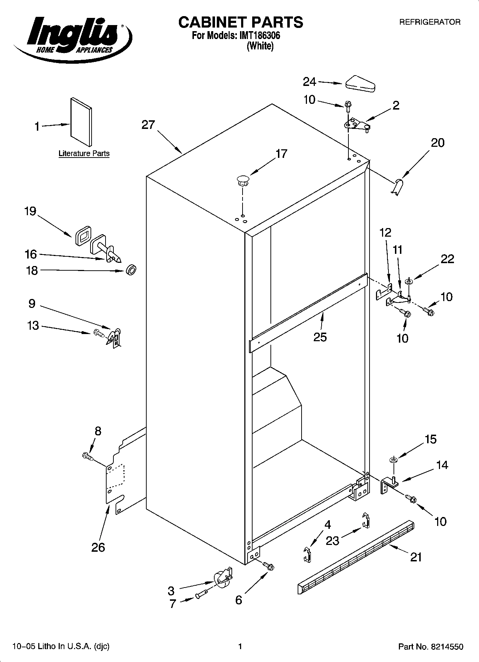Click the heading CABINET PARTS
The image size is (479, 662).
[x=240, y=22]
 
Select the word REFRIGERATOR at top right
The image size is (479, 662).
[x=430, y=22]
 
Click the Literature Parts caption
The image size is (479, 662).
[x=84, y=154]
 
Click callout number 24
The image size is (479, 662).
[x=309, y=82]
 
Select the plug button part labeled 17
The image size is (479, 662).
[x=243, y=180]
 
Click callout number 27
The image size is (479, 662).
[x=148, y=125]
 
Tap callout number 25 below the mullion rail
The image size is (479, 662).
[x=320, y=337]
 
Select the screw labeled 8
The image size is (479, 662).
[x=87, y=456]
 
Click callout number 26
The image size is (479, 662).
[x=98, y=547]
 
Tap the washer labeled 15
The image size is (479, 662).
[x=393, y=460]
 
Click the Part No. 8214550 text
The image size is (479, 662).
[x=431, y=647]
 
